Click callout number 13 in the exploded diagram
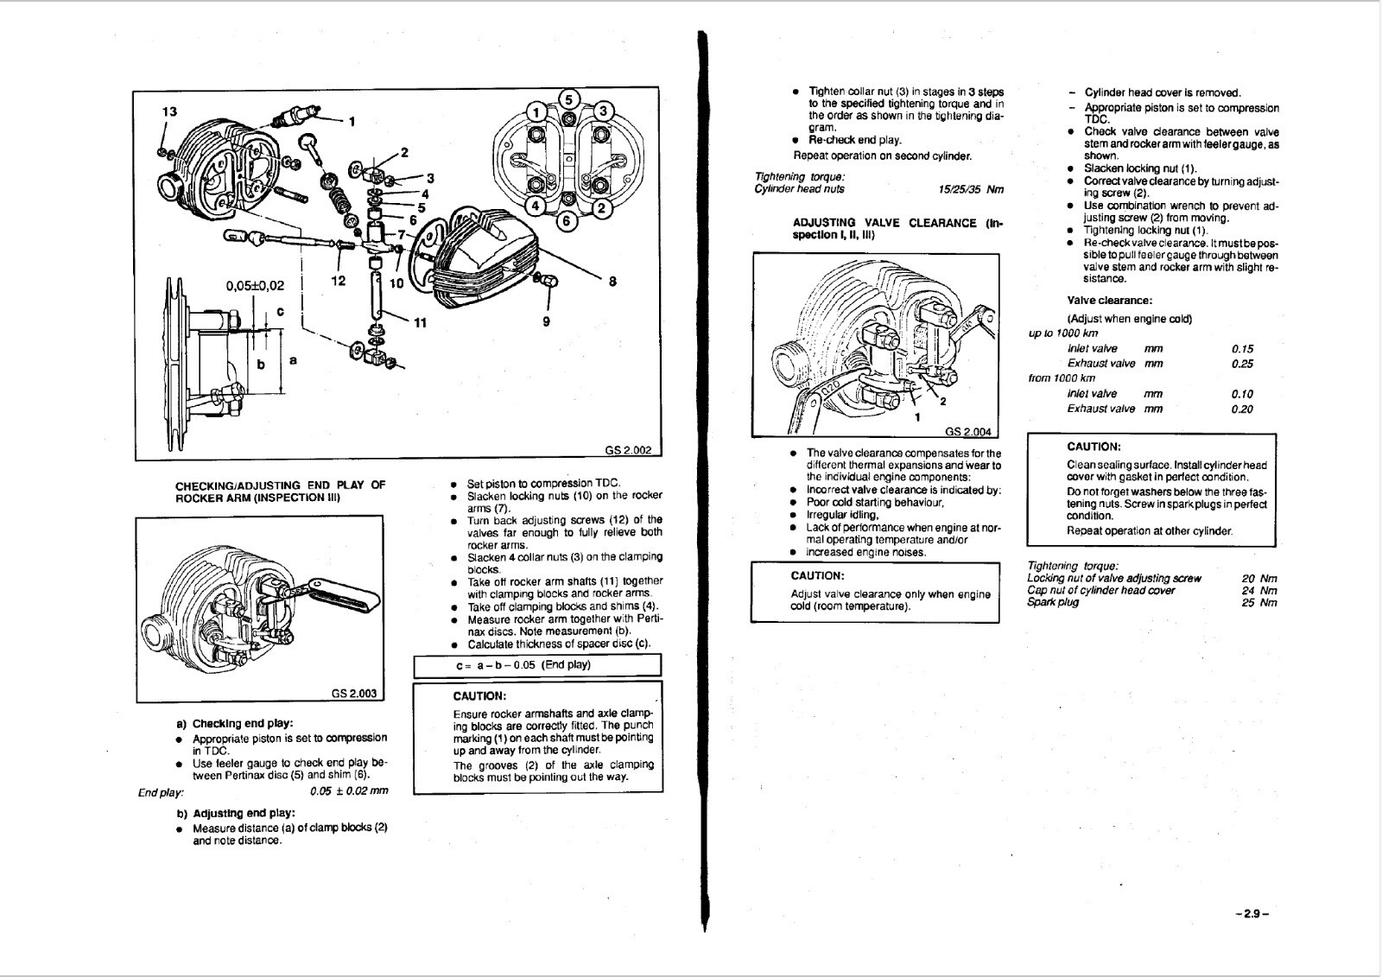(170, 111)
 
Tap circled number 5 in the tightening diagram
(567, 98)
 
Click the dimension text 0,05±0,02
(255, 284)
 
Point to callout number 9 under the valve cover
(546, 322)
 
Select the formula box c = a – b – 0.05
(536, 665)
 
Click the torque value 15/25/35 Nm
(971, 189)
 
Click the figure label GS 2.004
(968, 432)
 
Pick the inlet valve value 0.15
(1242, 349)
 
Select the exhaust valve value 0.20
(1242, 409)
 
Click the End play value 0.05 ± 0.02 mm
(348, 790)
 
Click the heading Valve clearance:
(1109, 301)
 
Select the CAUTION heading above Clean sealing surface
(1094, 447)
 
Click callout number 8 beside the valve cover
(612, 281)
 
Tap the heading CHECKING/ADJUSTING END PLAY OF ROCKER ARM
(280, 492)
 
